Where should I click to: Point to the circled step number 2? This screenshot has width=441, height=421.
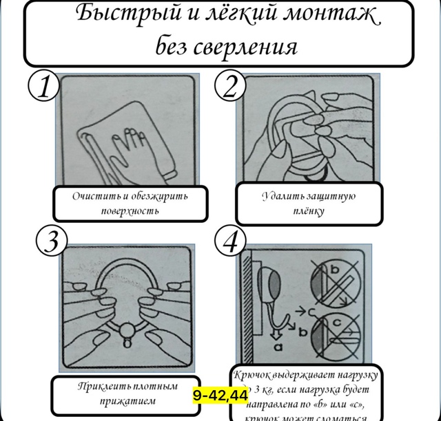[x=231, y=87]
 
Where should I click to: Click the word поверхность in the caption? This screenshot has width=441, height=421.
[x=125, y=210]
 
